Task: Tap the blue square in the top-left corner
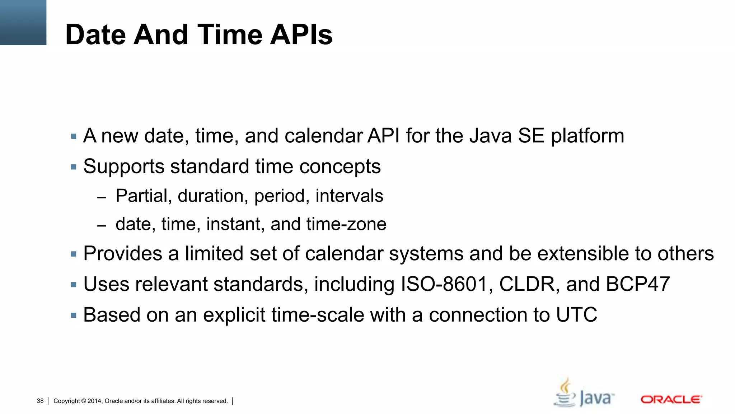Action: [23, 22]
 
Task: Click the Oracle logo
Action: [671, 399]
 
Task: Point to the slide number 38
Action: [40, 401]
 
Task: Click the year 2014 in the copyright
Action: [94, 401]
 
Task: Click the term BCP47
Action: [638, 284]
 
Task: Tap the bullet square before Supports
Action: [74, 167]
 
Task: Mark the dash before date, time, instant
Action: [102, 226]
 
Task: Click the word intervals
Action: [349, 196]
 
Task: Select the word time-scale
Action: [317, 315]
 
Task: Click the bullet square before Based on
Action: [74, 316]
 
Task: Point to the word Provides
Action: [123, 254]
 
